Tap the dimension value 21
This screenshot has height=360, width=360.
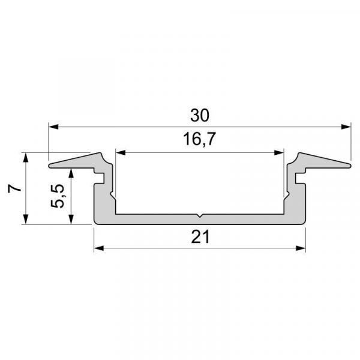coord(200,237)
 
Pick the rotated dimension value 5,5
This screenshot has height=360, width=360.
coord(59,196)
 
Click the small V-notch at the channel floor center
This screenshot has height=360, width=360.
coord(199,215)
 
